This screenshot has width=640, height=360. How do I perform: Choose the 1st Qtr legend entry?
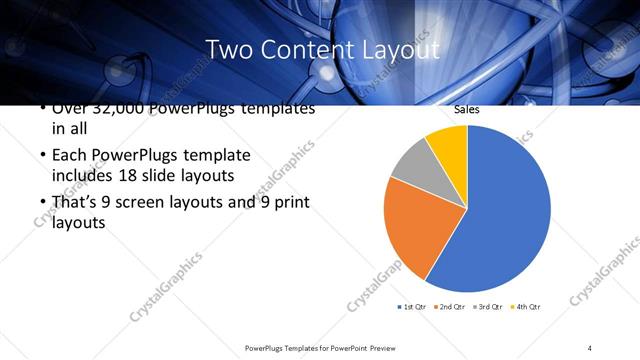(413, 305)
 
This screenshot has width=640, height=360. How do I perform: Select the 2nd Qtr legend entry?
(452, 305)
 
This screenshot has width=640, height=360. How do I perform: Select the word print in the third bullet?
(290, 202)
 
